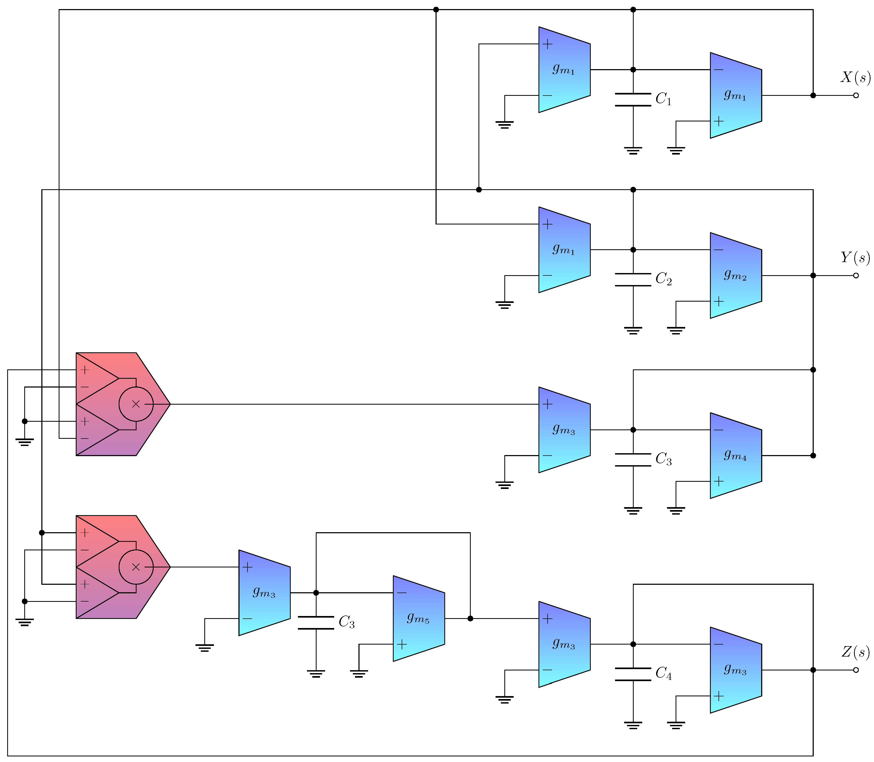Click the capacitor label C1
click(x=663, y=99)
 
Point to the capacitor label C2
click(x=663, y=279)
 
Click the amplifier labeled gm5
click(x=418, y=618)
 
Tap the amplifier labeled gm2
click(x=735, y=275)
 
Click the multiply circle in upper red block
click(x=136, y=404)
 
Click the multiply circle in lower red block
click(x=136, y=567)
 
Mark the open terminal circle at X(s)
click(x=856, y=95)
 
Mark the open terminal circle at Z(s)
click(x=856, y=670)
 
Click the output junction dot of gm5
click(x=470, y=619)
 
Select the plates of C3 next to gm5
click(x=316, y=622)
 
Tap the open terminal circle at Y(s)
click(x=856, y=275)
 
